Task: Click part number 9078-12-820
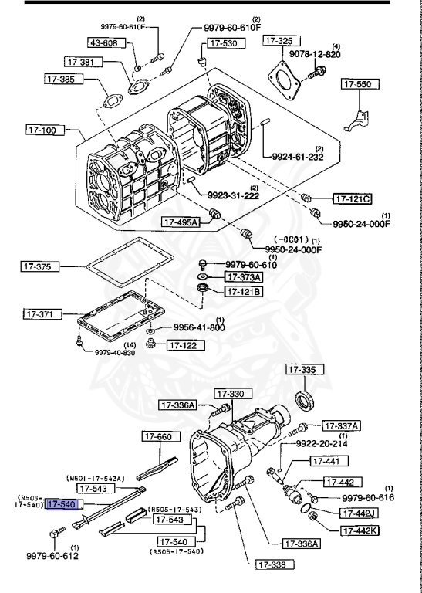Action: tap(337, 55)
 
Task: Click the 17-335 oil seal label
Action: tap(302, 371)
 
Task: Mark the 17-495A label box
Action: tap(181, 222)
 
